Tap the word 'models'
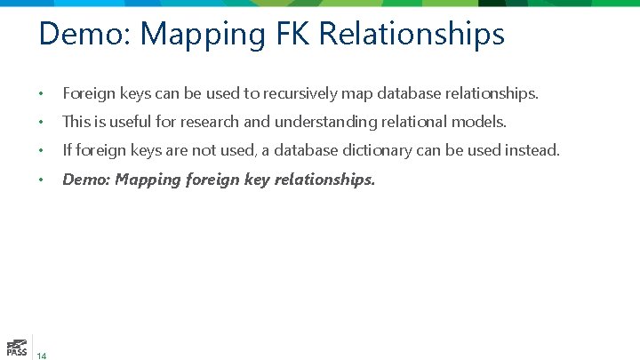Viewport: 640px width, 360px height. coord(481,121)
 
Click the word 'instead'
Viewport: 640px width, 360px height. coord(532,150)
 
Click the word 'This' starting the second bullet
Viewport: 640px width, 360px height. coord(76,121)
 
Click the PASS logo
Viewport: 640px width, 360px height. coord(16,348)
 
